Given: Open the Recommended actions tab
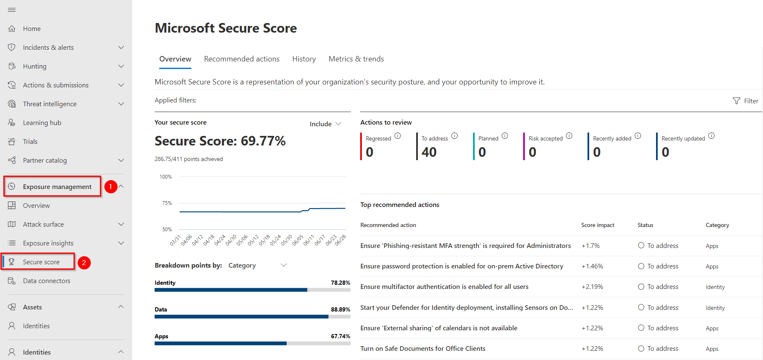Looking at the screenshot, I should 242,59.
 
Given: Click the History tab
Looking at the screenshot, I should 304,59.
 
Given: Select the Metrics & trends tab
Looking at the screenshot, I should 356,59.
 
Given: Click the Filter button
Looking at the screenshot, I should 745,101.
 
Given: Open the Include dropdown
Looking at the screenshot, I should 325,124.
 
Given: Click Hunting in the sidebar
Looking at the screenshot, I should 35,66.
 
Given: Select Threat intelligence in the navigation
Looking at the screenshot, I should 50,104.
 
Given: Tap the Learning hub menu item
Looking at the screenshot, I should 42,123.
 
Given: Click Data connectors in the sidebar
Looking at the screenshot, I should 46,281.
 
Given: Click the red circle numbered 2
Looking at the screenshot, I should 84,263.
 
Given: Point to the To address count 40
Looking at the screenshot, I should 429,152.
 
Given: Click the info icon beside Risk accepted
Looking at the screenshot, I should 569,136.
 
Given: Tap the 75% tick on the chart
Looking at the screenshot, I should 167,203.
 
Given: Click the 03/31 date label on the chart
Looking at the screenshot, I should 175,240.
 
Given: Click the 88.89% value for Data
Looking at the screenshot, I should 340,309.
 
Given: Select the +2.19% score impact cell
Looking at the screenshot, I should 592,287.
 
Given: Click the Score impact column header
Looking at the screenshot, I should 598,225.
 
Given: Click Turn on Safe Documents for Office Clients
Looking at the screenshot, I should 422,348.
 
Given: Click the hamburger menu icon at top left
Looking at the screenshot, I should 12,10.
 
